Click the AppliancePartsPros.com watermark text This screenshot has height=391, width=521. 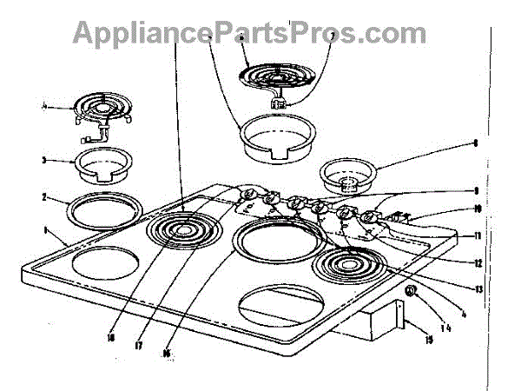[250, 32]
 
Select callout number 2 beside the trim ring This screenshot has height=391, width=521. [43, 197]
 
